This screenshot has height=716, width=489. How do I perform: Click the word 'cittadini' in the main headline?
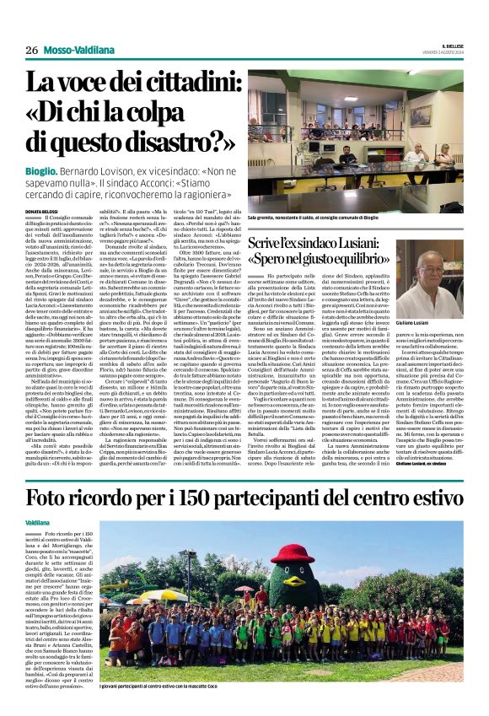pyautogui.click(x=190, y=85)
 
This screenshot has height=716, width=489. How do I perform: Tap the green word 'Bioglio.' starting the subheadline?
pyautogui.click(x=42, y=171)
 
